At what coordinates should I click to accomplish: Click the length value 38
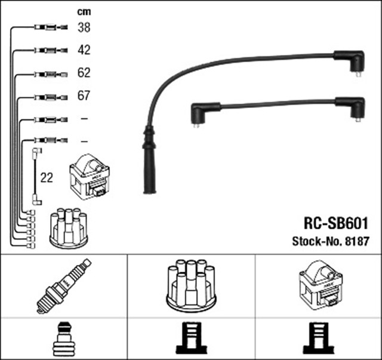click(x=84, y=27)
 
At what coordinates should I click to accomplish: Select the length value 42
click(x=84, y=50)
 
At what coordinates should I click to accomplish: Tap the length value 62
click(x=84, y=73)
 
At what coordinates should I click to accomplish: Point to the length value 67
click(x=84, y=96)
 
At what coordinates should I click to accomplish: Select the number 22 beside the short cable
click(x=46, y=177)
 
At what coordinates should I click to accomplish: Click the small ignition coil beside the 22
click(x=90, y=177)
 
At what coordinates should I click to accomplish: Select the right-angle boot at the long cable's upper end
click(x=350, y=63)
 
